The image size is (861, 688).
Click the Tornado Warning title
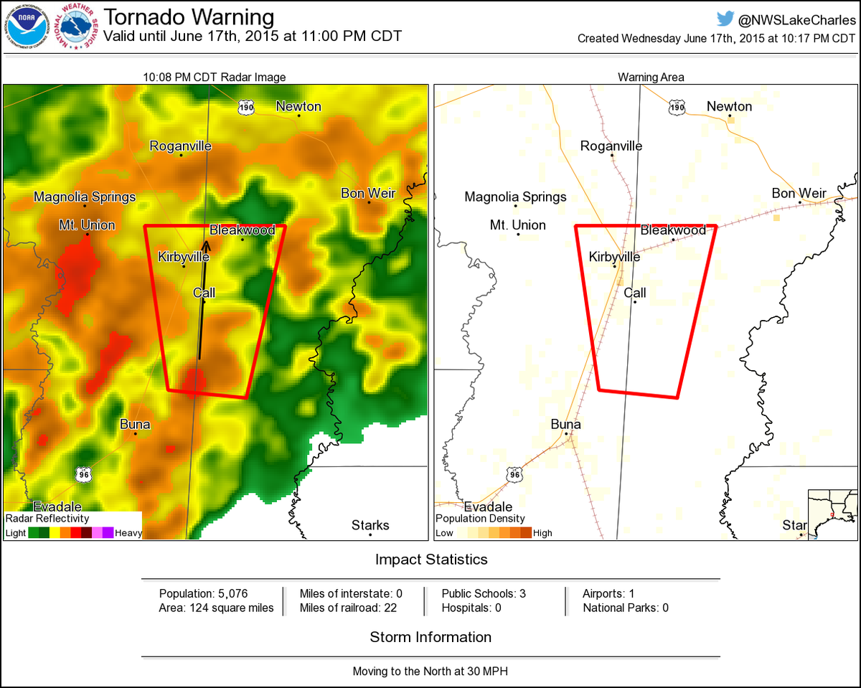[x=189, y=17]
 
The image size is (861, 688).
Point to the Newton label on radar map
[x=298, y=106]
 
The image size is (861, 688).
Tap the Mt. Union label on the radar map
[x=87, y=225]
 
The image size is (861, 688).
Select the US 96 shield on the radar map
[x=83, y=473]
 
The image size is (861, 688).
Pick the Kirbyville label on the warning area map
[x=614, y=256]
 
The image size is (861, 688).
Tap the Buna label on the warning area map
[x=565, y=424]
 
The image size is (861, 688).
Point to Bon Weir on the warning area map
[x=799, y=193]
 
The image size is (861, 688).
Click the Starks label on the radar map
[x=370, y=525]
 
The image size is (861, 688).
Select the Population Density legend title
[x=480, y=518]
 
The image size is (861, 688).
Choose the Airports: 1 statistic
[x=608, y=594]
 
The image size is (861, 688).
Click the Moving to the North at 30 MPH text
[x=430, y=671]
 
